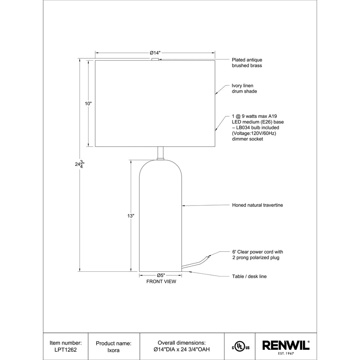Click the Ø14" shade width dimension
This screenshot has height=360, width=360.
[155, 52]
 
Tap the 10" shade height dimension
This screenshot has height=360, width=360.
[88, 104]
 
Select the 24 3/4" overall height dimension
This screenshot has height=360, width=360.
[80, 164]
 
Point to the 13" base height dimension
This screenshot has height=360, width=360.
[131, 216]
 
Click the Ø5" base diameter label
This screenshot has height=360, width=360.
[161, 275]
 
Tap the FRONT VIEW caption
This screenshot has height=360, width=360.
[161, 282]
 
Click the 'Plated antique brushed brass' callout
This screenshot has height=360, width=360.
[247, 63]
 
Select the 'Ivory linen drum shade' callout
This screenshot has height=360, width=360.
[245, 89]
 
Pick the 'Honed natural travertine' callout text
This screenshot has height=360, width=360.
[258, 205]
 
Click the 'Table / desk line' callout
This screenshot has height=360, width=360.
[249, 276]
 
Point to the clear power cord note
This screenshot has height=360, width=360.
[258, 255]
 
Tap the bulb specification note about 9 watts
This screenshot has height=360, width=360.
[258, 128]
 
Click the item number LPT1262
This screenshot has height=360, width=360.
[66, 349]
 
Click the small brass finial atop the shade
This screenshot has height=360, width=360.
[155, 59]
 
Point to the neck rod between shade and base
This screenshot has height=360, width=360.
[160, 153]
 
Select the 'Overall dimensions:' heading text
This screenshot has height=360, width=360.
[182, 343]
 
